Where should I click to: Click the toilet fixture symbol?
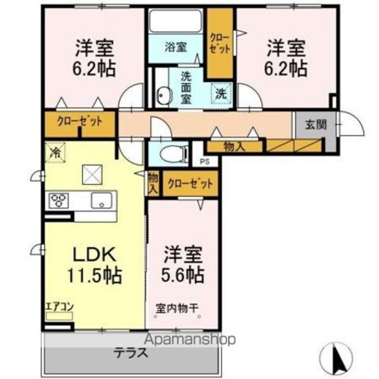173,154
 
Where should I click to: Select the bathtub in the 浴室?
175,21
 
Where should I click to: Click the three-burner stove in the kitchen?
59,200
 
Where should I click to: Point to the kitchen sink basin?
101,200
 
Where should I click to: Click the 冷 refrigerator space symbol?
55,153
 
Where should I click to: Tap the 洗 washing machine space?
221,94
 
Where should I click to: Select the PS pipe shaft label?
205,162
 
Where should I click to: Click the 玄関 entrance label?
316,125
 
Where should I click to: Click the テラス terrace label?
130,354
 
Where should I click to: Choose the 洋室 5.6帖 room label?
183,265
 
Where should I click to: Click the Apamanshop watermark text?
189,339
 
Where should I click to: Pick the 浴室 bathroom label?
176,47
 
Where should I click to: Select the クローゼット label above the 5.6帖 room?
190,184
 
